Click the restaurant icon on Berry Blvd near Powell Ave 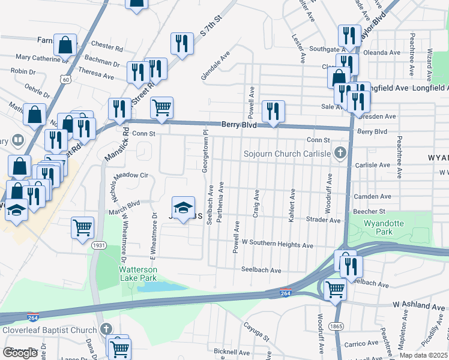273,111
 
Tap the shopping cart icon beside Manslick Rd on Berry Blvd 161,107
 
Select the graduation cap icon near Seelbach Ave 184,208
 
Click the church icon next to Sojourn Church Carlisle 341,153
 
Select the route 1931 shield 99,246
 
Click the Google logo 20,353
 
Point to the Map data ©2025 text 424,355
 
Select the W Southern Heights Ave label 277,245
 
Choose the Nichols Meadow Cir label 127,176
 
